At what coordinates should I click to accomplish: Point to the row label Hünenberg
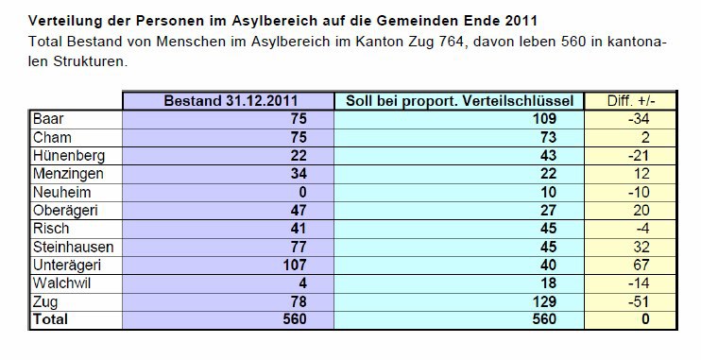point(68,155)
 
